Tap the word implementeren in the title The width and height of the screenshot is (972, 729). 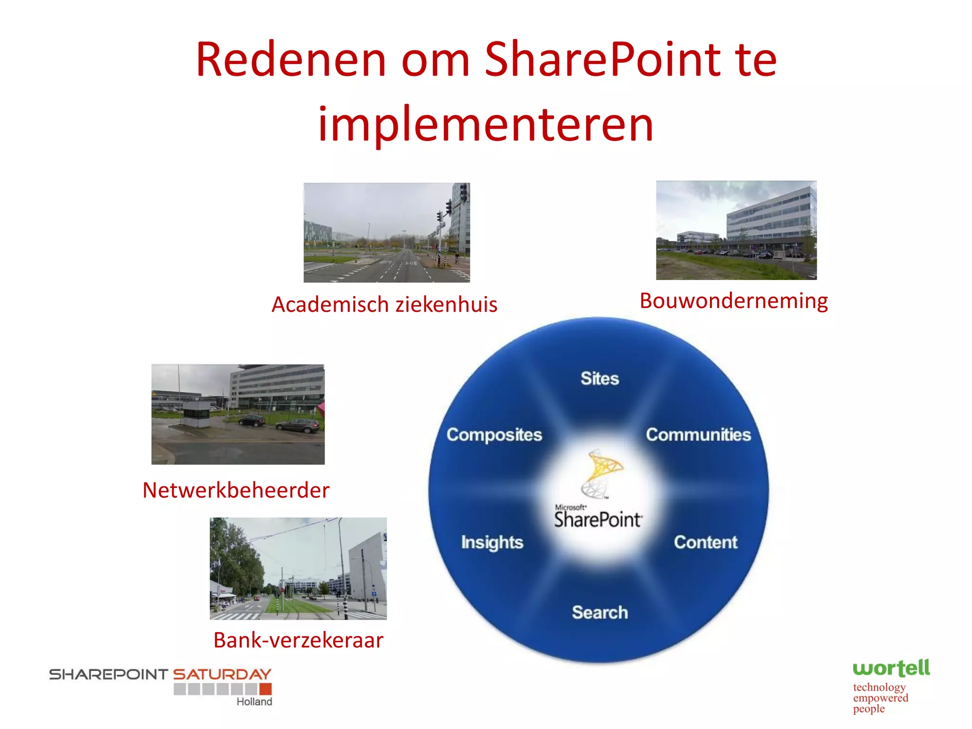tap(486, 124)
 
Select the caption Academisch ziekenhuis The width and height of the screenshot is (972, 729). tap(384, 304)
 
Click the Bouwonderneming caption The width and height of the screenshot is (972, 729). tap(734, 301)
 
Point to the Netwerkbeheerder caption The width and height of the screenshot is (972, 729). tap(236, 490)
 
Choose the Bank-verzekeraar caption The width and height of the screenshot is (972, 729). tap(298, 640)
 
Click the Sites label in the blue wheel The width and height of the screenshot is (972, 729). tap(600, 378)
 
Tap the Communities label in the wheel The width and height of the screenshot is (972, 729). tap(698, 435)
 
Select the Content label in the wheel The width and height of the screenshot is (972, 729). tap(706, 542)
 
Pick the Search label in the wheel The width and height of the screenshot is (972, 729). tap(600, 612)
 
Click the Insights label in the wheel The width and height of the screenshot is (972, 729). tap(492, 542)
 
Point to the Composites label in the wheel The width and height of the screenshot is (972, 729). tap(494, 435)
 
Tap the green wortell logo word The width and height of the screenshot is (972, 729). tap(891, 668)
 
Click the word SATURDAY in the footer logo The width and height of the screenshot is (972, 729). tap(222, 674)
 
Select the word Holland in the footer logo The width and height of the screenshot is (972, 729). tap(254, 702)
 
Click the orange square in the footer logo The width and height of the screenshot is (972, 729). tap(266, 689)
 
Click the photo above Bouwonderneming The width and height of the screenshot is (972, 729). tap(736, 230)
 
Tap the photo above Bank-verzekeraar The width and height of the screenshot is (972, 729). tap(298, 569)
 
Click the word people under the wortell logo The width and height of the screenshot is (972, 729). tap(869, 709)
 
